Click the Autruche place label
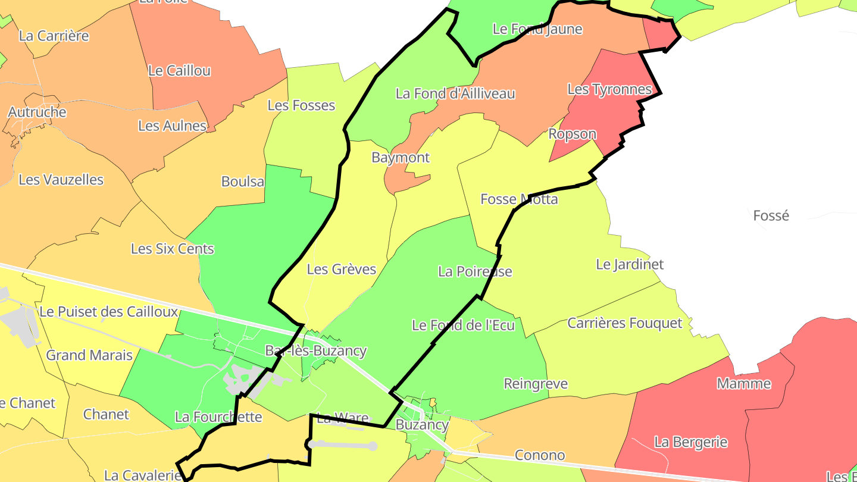click(37, 112)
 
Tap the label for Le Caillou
click(179, 71)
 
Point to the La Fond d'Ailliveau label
click(455, 93)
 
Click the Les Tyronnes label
click(609, 89)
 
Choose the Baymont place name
click(401, 158)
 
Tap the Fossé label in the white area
click(771, 215)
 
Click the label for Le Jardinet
click(630, 264)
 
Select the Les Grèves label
click(342, 270)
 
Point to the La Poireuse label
click(475, 271)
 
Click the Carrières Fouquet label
click(624, 323)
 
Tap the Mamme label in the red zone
click(744, 383)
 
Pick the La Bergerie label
click(691, 442)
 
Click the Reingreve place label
click(536, 384)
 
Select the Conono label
click(540, 455)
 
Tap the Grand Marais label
click(89, 355)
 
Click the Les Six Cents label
click(172, 249)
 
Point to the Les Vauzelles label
click(61, 180)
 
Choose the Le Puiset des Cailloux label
click(109, 312)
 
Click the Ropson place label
click(572, 134)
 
